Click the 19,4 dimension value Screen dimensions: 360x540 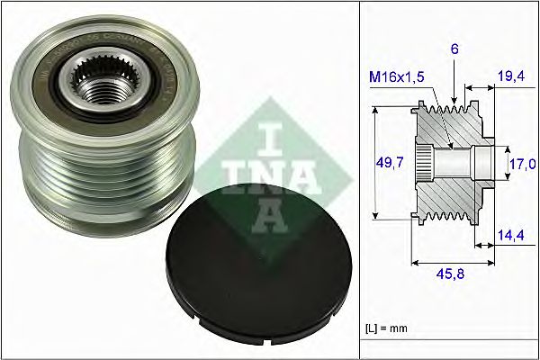(511, 80)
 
